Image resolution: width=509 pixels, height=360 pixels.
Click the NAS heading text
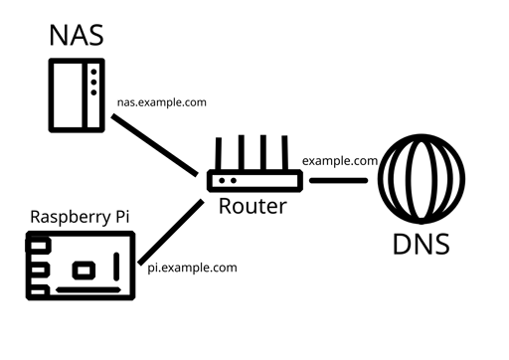point(77,36)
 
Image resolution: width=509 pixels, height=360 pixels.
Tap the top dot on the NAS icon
point(93,70)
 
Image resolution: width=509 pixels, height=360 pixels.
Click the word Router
point(253,207)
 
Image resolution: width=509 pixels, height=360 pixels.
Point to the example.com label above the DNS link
point(339,159)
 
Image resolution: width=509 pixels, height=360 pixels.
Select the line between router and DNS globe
point(338,181)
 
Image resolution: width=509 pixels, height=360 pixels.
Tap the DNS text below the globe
point(421,244)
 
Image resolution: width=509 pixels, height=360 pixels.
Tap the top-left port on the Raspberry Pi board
point(38,244)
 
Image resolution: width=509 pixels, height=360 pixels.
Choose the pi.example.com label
point(192,267)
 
